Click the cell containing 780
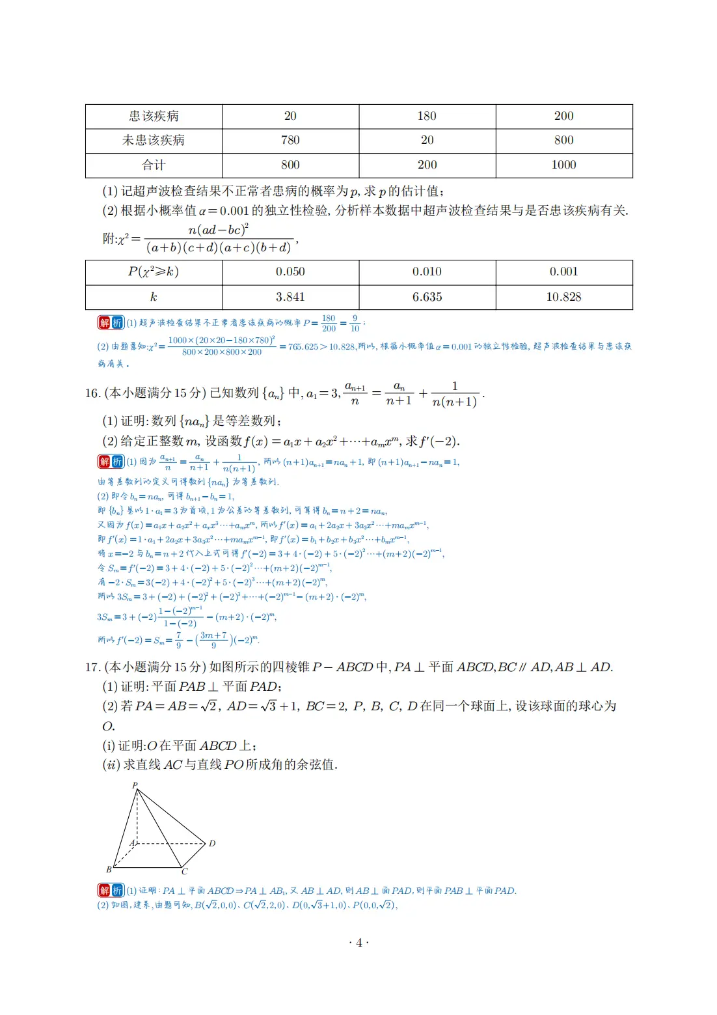[x=290, y=141]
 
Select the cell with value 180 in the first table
[x=427, y=117]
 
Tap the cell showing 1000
[x=563, y=165]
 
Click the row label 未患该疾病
[x=154, y=141]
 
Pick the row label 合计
[x=154, y=165]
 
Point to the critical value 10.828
[x=563, y=298]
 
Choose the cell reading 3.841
[x=290, y=298]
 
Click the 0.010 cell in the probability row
[x=427, y=272]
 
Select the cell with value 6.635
[x=427, y=298]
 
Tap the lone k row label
[x=154, y=298]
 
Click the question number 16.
[x=92, y=394]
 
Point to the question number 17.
[x=92, y=667]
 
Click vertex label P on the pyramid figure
[x=135, y=785]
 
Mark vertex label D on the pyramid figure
[x=212, y=844]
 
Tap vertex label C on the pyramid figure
[x=185, y=872]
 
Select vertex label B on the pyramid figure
[x=109, y=869]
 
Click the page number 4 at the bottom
[x=358, y=943]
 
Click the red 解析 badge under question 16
[x=111, y=462]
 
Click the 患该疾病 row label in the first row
[x=154, y=117]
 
